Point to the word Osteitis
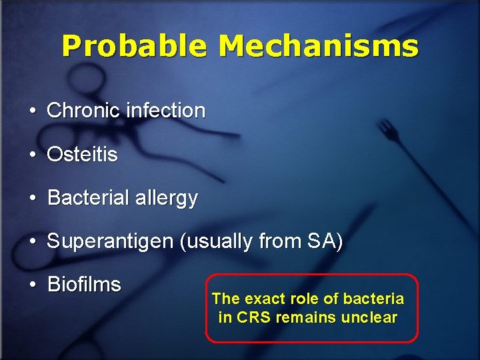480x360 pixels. point(82,155)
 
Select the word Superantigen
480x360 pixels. point(110,241)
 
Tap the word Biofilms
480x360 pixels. point(84,285)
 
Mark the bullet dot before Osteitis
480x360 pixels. point(32,155)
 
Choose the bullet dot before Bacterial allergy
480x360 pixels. point(32,199)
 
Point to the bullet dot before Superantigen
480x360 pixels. point(32,242)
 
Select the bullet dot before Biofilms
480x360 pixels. point(32,285)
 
